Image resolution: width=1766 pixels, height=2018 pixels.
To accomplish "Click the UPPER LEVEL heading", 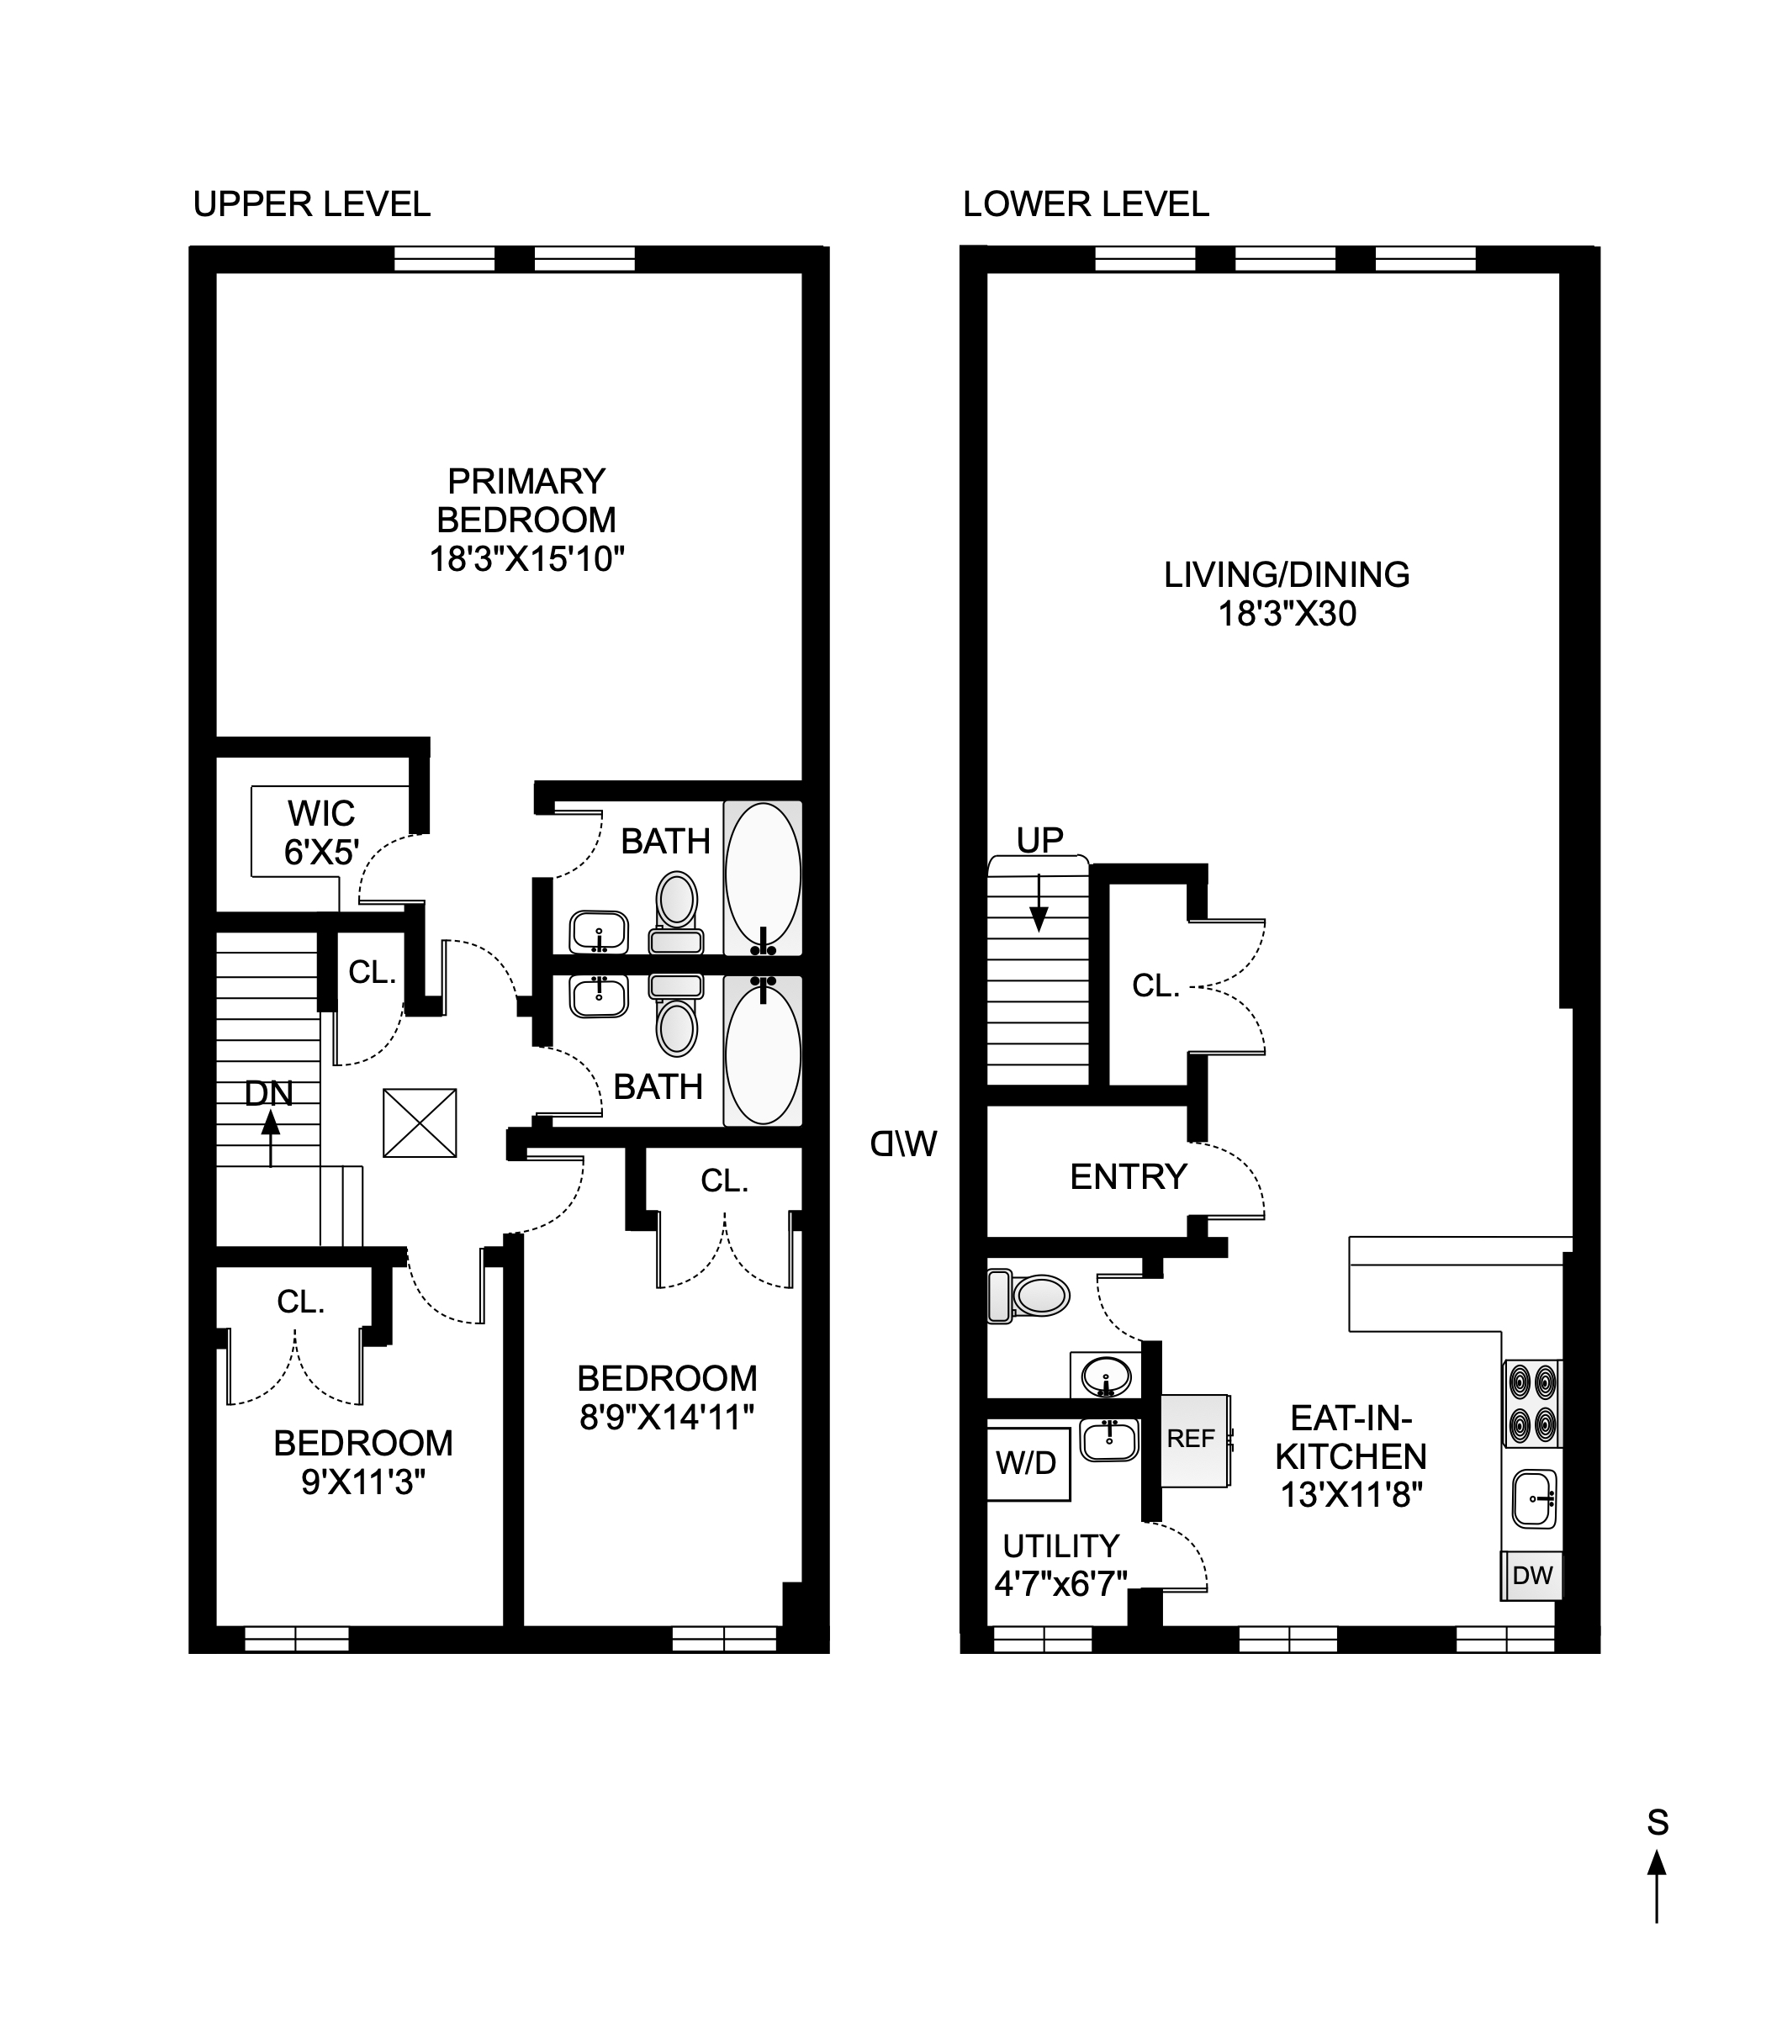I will click(x=311, y=204).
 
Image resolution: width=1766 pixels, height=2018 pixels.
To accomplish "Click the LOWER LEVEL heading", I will click(x=1085, y=204).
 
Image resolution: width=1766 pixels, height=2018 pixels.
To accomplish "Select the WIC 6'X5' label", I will click(x=321, y=832).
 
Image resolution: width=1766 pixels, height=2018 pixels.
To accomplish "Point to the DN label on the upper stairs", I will click(x=268, y=1093).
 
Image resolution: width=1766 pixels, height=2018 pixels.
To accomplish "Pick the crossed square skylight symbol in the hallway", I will click(x=420, y=1123).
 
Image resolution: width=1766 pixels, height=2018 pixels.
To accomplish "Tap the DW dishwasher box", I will click(x=1532, y=1576).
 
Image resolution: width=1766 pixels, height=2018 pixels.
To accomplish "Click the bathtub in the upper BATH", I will click(x=763, y=876).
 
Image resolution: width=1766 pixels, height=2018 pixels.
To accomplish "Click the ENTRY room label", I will click(x=1129, y=1176).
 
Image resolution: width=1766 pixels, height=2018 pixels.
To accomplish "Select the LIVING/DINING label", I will click(x=1286, y=574).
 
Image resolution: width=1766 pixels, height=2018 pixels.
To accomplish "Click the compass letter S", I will click(x=1658, y=1824).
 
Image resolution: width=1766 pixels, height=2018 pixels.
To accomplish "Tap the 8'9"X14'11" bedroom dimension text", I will click(x=667, y=1418).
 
